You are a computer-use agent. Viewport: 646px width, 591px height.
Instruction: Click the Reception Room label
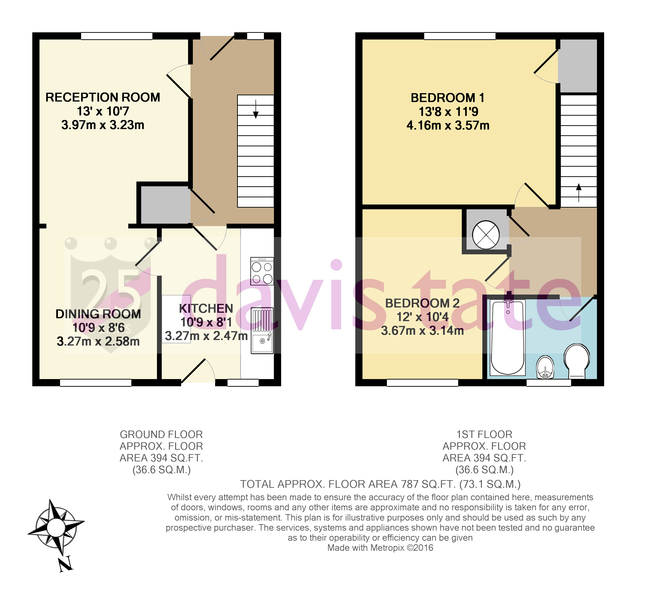[x=103, y=97]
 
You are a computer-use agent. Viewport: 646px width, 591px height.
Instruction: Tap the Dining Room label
[x=98, y=314]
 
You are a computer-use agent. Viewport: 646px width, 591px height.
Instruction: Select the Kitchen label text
[x=206, y=308]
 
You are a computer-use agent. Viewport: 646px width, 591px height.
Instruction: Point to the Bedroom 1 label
[x=447, y=98]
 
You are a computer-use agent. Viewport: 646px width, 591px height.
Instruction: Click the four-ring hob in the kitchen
[x=262, y=271]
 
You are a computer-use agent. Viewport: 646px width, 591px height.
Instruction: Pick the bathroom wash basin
[x=545, y=367]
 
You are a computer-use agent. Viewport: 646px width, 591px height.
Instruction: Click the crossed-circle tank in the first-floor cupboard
[x=486, y=235]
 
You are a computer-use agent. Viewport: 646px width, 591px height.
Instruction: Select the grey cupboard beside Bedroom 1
[x=578, y=66]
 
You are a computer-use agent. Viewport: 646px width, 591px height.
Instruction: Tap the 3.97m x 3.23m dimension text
[x=103, y=125]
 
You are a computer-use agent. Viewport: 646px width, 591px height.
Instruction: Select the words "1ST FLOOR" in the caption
[x=484, y=435]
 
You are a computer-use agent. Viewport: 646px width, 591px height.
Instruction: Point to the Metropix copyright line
[x=380, y=548]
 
